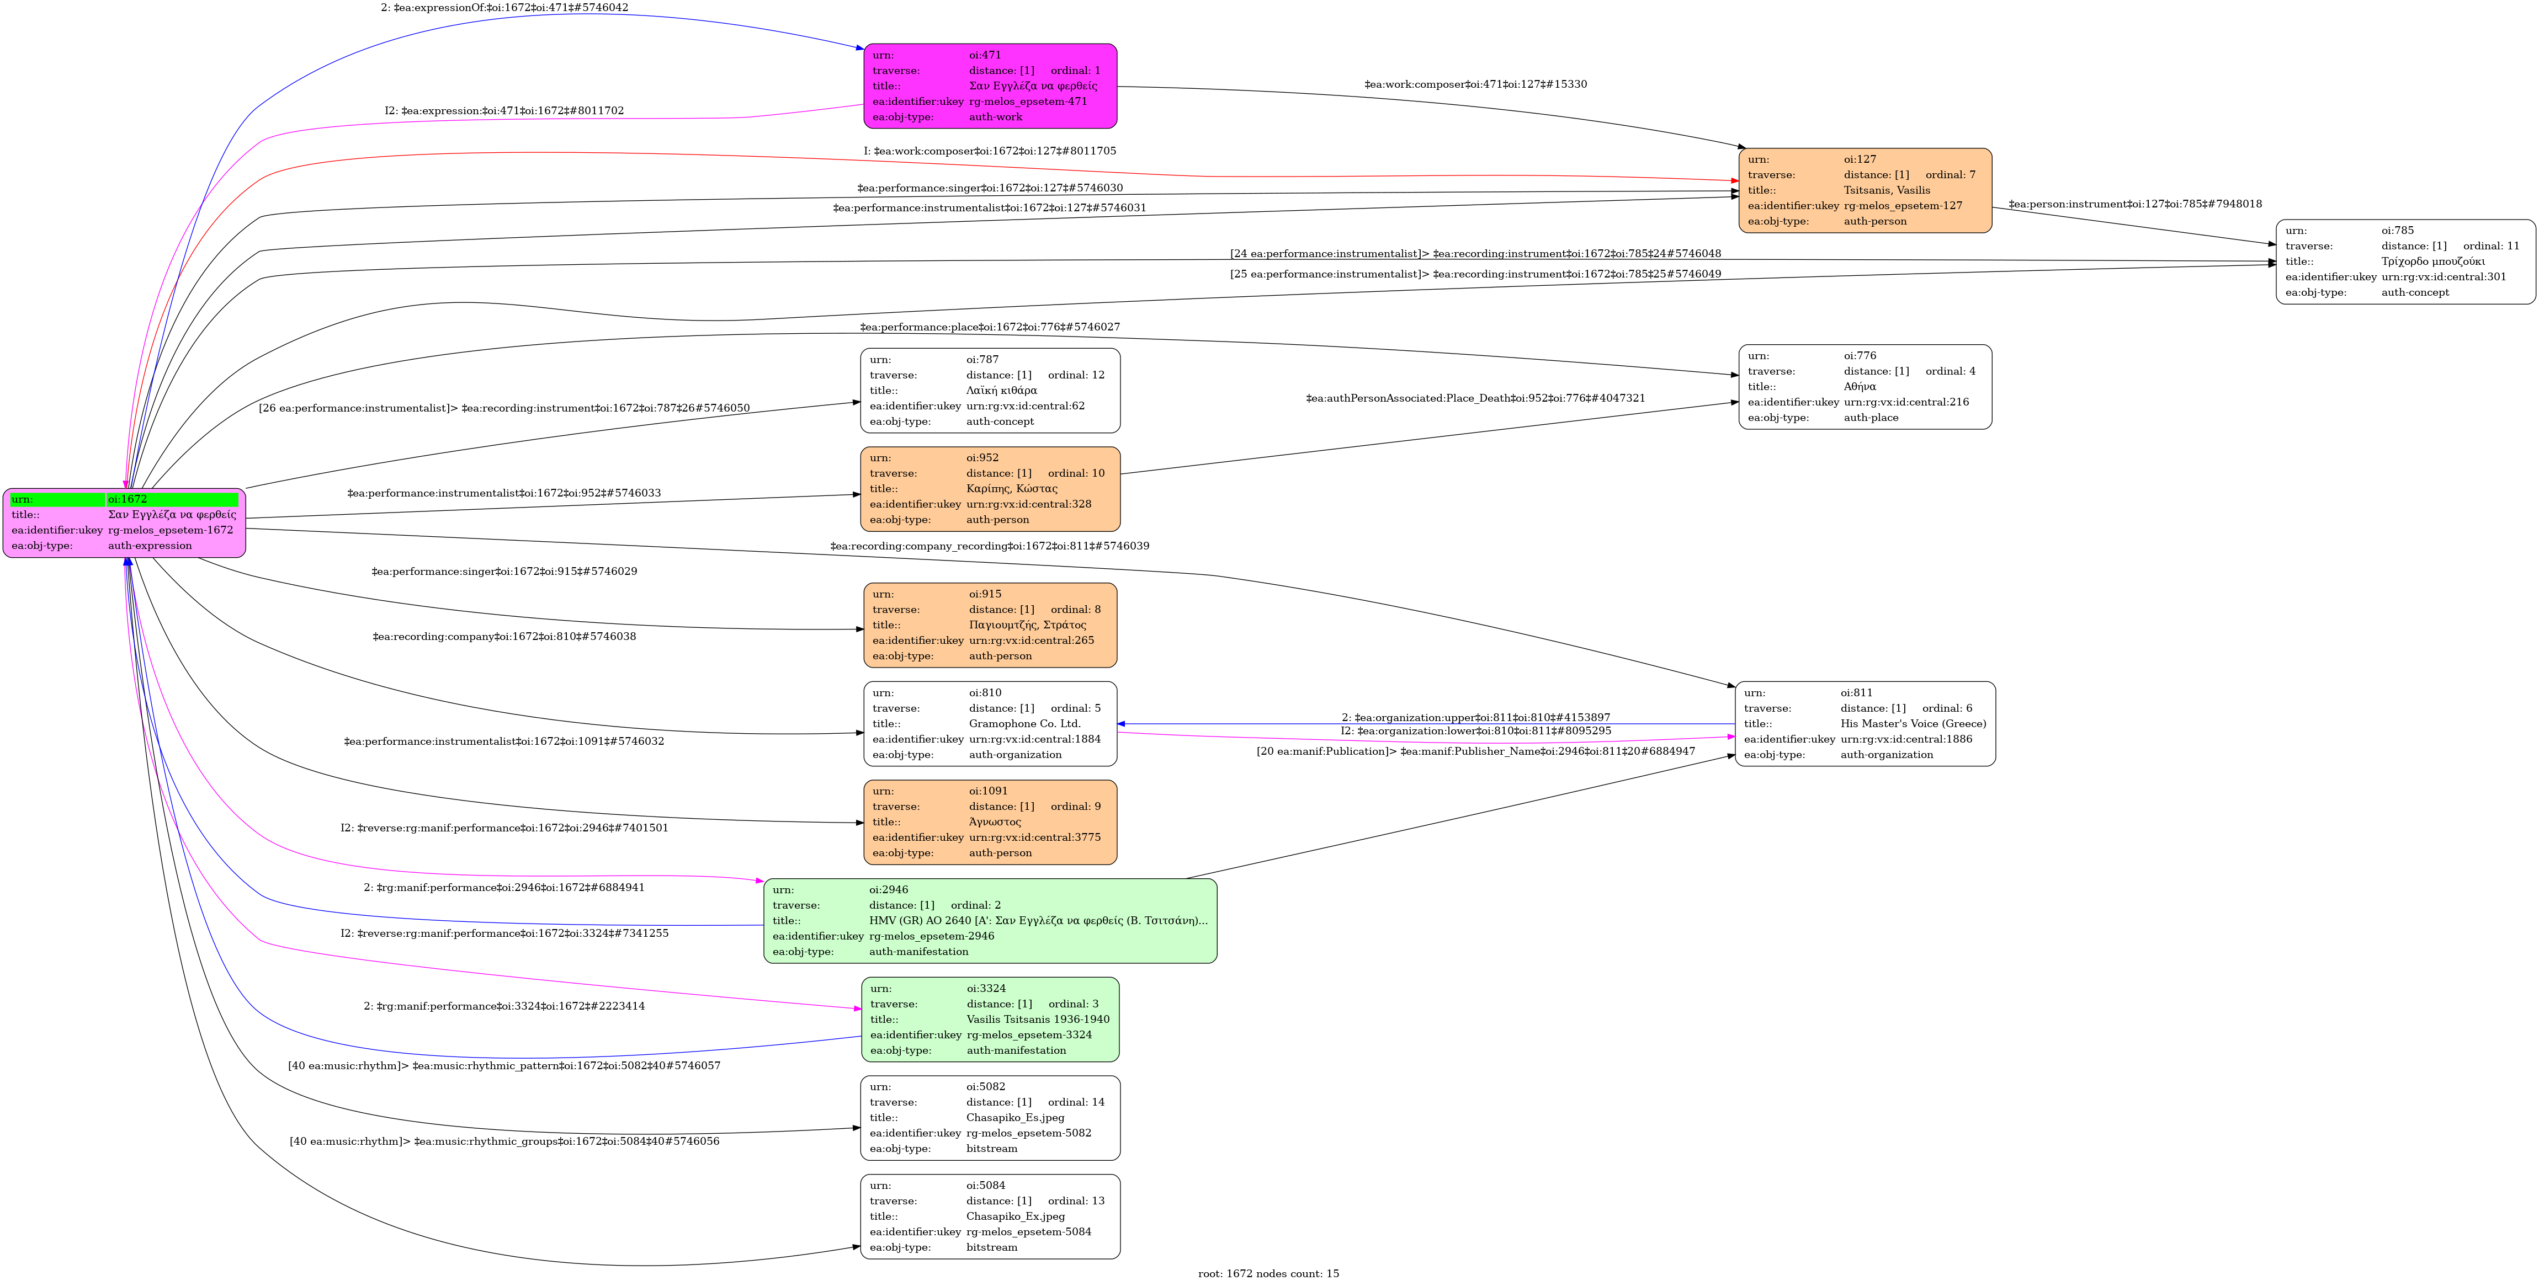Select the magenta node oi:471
click(x=990, y=86)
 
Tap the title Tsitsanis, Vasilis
click(x=1887, y=190)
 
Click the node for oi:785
click(x=2405, y=261)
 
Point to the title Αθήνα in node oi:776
click(x=1860, y=386)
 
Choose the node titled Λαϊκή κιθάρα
click(x=990, y=390)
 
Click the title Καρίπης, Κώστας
click(x=1011, y=489)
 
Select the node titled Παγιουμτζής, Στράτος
click(x=990, y=625)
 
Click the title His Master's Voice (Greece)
click(x=1912, y=723)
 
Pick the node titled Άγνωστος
click(x=990, y=822)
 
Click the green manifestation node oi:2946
click(x=990, y=920)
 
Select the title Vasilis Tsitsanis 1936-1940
click(x=1037, y=1019)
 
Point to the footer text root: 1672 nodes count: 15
click(x=1268, y=1273)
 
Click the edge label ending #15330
click(x=1475, y=85)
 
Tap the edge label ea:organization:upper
click(x=1475, y=717)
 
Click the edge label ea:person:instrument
click(x=2135, y=204)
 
